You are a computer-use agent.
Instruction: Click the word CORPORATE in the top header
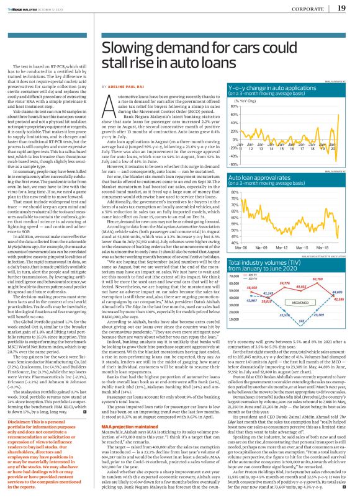click(x=307, y=8)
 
